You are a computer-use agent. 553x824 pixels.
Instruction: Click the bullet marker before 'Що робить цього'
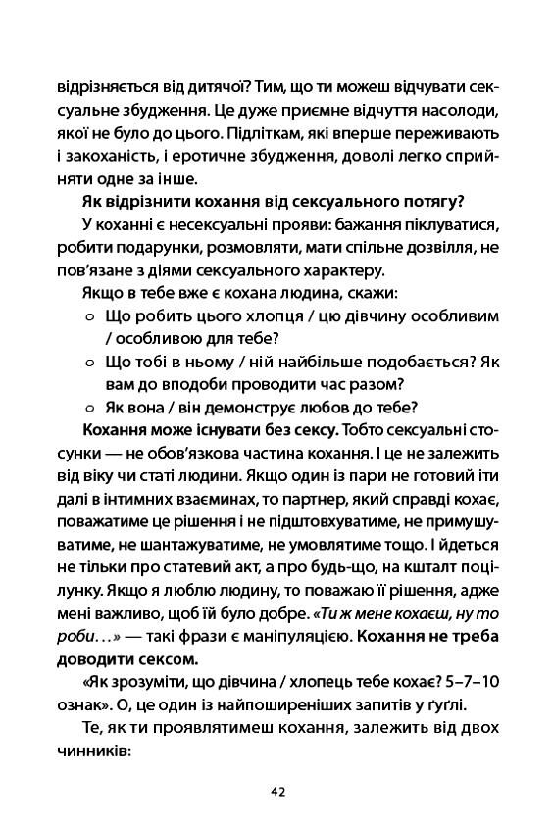[x=89, y=316]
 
